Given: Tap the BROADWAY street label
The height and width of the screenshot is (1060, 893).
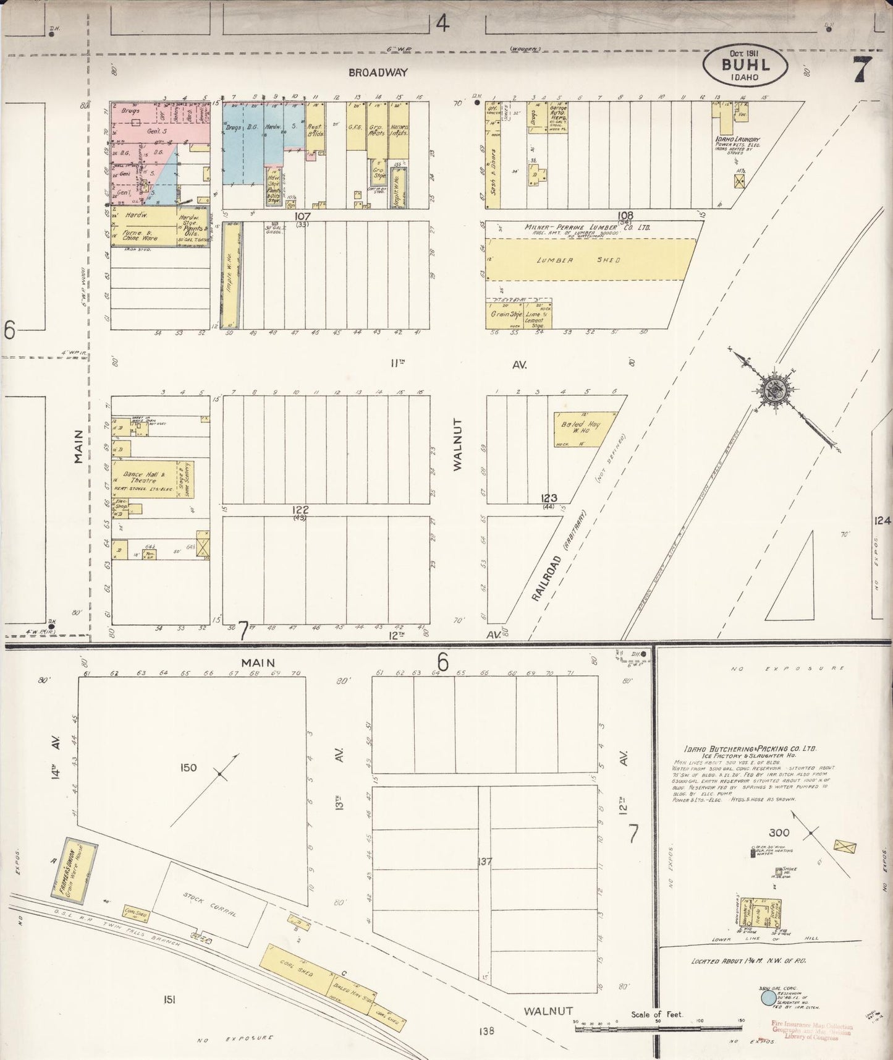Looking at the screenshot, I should click(378, 72).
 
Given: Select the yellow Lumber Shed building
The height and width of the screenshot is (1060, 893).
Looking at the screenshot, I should click(590, 260).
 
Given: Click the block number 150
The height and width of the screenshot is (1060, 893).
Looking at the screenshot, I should click(188, 767).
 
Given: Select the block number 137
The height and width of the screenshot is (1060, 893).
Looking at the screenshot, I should click(485, 860).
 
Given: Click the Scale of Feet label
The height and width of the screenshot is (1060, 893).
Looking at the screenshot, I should click(656, 1014).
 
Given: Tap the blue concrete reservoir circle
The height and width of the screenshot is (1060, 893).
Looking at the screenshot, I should click(768, 997).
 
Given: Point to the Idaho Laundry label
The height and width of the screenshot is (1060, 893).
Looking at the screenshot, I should click(738, 140).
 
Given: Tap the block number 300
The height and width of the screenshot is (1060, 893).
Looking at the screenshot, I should click(780, 832).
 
